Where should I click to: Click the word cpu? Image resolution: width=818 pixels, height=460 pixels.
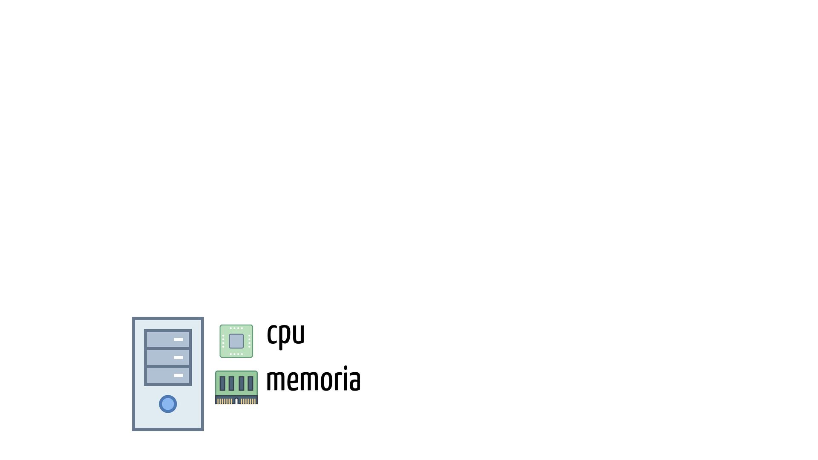click(x=285, y=335)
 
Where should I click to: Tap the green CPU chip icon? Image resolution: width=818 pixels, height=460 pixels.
click(x=236, y=341)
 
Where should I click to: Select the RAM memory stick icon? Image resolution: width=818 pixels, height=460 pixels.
click(x=236, y=387)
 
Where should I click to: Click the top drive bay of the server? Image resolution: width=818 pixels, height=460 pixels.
click(x=168, y=339)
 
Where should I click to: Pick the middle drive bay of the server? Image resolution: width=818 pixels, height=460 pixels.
click(x=168, y=358)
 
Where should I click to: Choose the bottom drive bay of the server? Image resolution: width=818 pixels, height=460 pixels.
click(x=168, y=376)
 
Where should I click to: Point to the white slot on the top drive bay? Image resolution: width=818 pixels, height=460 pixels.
click(x=179, y=339)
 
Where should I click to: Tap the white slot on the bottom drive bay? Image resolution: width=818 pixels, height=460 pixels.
click(x=179, y=376)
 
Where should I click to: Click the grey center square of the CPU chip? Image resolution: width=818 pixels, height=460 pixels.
click(x=236, y=341)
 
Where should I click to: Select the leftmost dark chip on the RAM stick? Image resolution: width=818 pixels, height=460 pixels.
click(x=222, y=383)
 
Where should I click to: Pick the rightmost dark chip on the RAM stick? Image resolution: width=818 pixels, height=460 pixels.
click(x=251, y=383)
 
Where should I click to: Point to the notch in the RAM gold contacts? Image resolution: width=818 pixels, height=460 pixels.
click(x=236, y=401)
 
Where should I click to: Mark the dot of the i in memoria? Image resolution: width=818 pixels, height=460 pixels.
click(x=346, y=368)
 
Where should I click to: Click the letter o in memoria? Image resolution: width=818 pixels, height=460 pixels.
click(x=327, y=380)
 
